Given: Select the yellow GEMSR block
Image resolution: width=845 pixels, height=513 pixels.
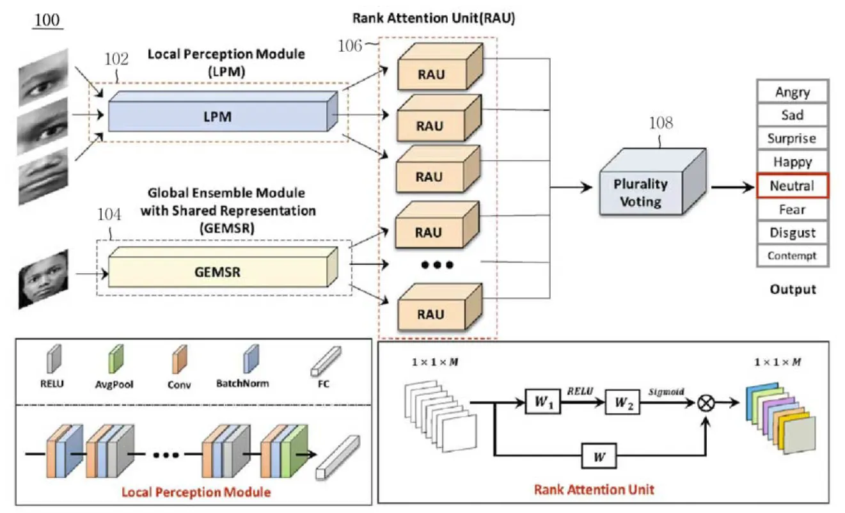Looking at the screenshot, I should pos(218,271).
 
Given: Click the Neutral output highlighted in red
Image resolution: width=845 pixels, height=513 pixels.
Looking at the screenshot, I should pos(792,186).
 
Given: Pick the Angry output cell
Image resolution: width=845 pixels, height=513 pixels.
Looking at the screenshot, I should pos(792,92).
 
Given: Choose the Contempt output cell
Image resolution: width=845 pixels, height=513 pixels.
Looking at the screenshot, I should pos(792,256).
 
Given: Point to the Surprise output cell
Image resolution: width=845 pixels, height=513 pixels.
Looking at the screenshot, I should pos(792,139).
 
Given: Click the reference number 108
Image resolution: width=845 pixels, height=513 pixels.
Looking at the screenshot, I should pos(661,123).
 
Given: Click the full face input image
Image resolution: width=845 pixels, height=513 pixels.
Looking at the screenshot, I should pos(43,279).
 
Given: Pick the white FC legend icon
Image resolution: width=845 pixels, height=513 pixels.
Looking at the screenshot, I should pos(328,363).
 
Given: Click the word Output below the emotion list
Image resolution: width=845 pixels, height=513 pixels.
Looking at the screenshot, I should pos(793,289).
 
